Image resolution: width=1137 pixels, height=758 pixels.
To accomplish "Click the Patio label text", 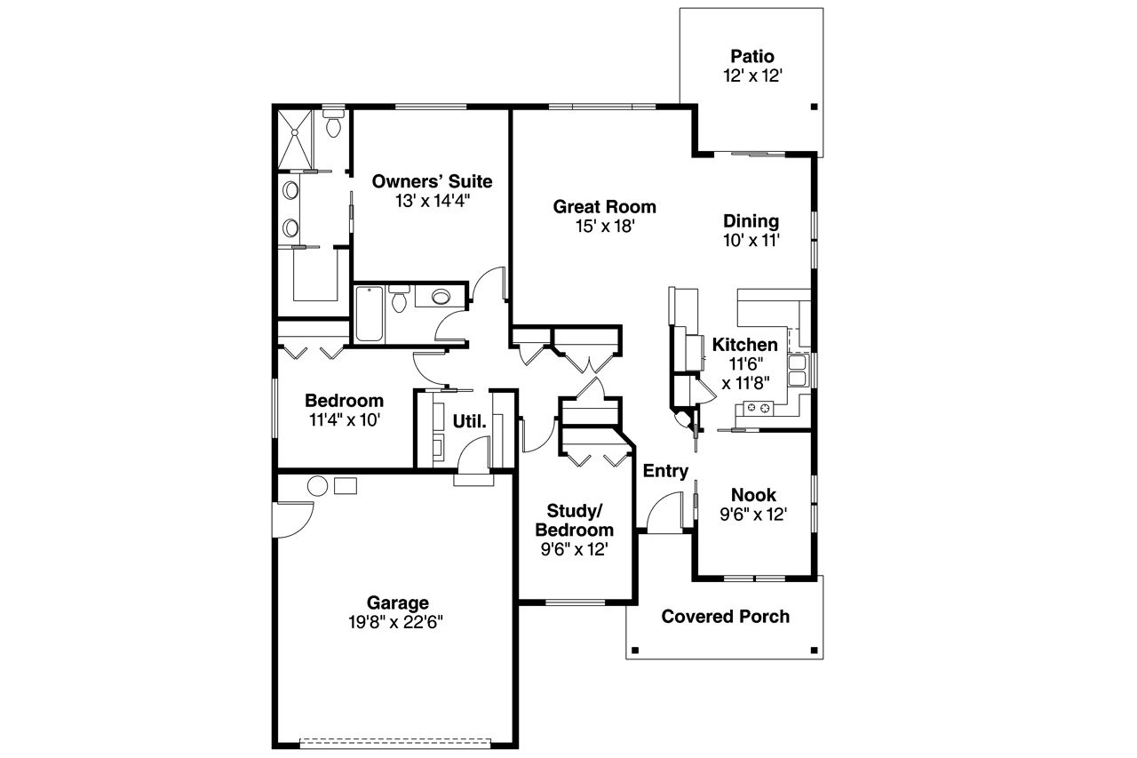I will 752,57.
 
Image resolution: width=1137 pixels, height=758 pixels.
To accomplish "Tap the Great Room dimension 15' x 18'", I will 604,227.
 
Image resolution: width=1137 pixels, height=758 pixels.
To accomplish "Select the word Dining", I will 751,221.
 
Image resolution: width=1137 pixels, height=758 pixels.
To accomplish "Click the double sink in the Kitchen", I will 797,370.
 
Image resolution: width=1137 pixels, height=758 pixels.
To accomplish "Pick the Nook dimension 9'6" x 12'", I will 752,515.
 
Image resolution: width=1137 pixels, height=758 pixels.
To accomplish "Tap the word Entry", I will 665,471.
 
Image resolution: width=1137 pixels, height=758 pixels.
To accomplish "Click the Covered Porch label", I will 725,617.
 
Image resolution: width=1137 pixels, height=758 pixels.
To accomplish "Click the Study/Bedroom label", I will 574,520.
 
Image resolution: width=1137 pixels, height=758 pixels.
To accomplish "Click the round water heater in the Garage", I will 317,485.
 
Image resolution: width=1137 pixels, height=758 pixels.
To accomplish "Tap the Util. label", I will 470,421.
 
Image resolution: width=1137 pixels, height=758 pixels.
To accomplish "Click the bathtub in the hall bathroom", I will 370,314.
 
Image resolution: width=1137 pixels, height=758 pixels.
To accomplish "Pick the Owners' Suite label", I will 432,181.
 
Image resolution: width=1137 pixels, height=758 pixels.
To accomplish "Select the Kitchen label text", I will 744,345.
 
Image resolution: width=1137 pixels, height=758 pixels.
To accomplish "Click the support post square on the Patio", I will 813,108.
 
